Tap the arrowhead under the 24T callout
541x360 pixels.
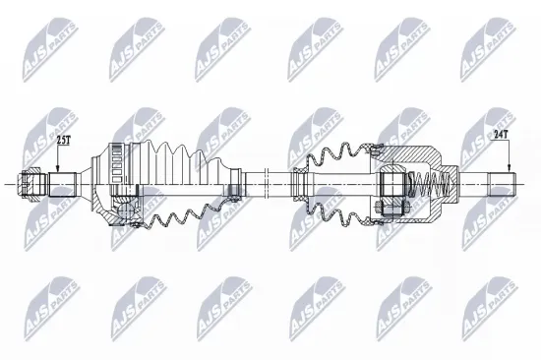coord(509,168)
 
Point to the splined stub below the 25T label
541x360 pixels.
coord(63,184)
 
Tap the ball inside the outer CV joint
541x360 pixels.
coord(127,206)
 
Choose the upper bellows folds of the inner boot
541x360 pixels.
coord(334,157)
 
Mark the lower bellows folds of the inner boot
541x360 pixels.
coord(339,210)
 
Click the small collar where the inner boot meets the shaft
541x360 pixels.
coord(295,183)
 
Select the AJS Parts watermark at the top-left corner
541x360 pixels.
coord(43,38)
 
